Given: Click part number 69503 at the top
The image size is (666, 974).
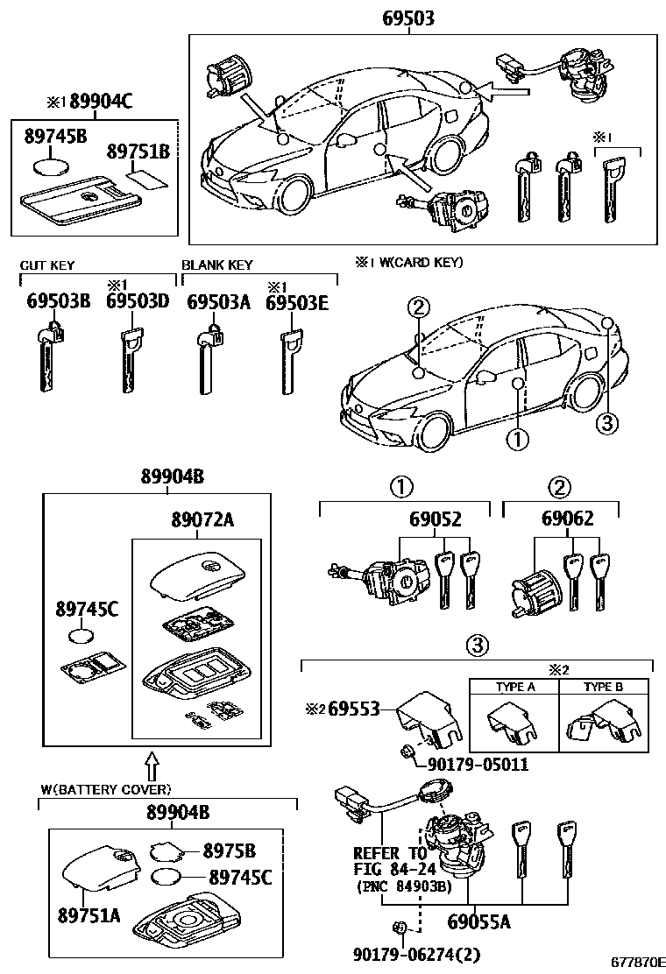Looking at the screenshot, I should pyautogui.click(x=408, y=18).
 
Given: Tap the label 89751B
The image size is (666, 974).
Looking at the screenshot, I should pyautogui.click(x=138, y=152).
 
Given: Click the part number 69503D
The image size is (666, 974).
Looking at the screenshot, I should pyautogui.click(x=137, y=302).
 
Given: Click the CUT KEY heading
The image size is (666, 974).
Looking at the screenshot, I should pyautogui.click(x=47, y=265).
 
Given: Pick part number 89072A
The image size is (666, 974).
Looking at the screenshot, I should pyautogui.click(x=202, y=520).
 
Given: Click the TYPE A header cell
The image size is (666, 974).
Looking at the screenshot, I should pyautogui.click(x=515, y=688).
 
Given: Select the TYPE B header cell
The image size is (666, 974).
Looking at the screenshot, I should pyautogui.click(x=603, y=688).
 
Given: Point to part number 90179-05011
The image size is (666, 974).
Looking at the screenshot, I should pyautogui.click(x=478, y=764).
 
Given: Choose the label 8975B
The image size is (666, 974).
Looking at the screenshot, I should pyautogui.click(x=229, y=850).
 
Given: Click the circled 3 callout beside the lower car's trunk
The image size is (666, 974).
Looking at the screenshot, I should pyautogui.click(x=606, y=423).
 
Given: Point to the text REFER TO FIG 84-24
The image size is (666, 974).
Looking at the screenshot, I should pyautogui.click(x=390, y=861).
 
